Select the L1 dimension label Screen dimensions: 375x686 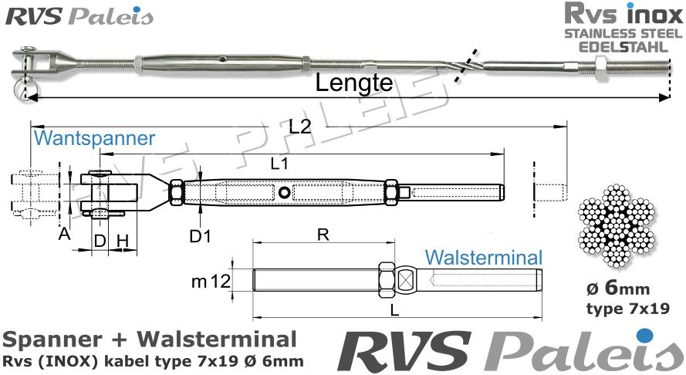280,163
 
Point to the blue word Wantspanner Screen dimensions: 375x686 94,140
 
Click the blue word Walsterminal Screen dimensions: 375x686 484,257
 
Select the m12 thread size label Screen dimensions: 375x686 211,282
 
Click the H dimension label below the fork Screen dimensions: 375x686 123,241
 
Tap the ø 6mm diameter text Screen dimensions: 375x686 617,290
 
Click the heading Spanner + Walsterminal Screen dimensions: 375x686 149,339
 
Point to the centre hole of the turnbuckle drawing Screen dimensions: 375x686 286,192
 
